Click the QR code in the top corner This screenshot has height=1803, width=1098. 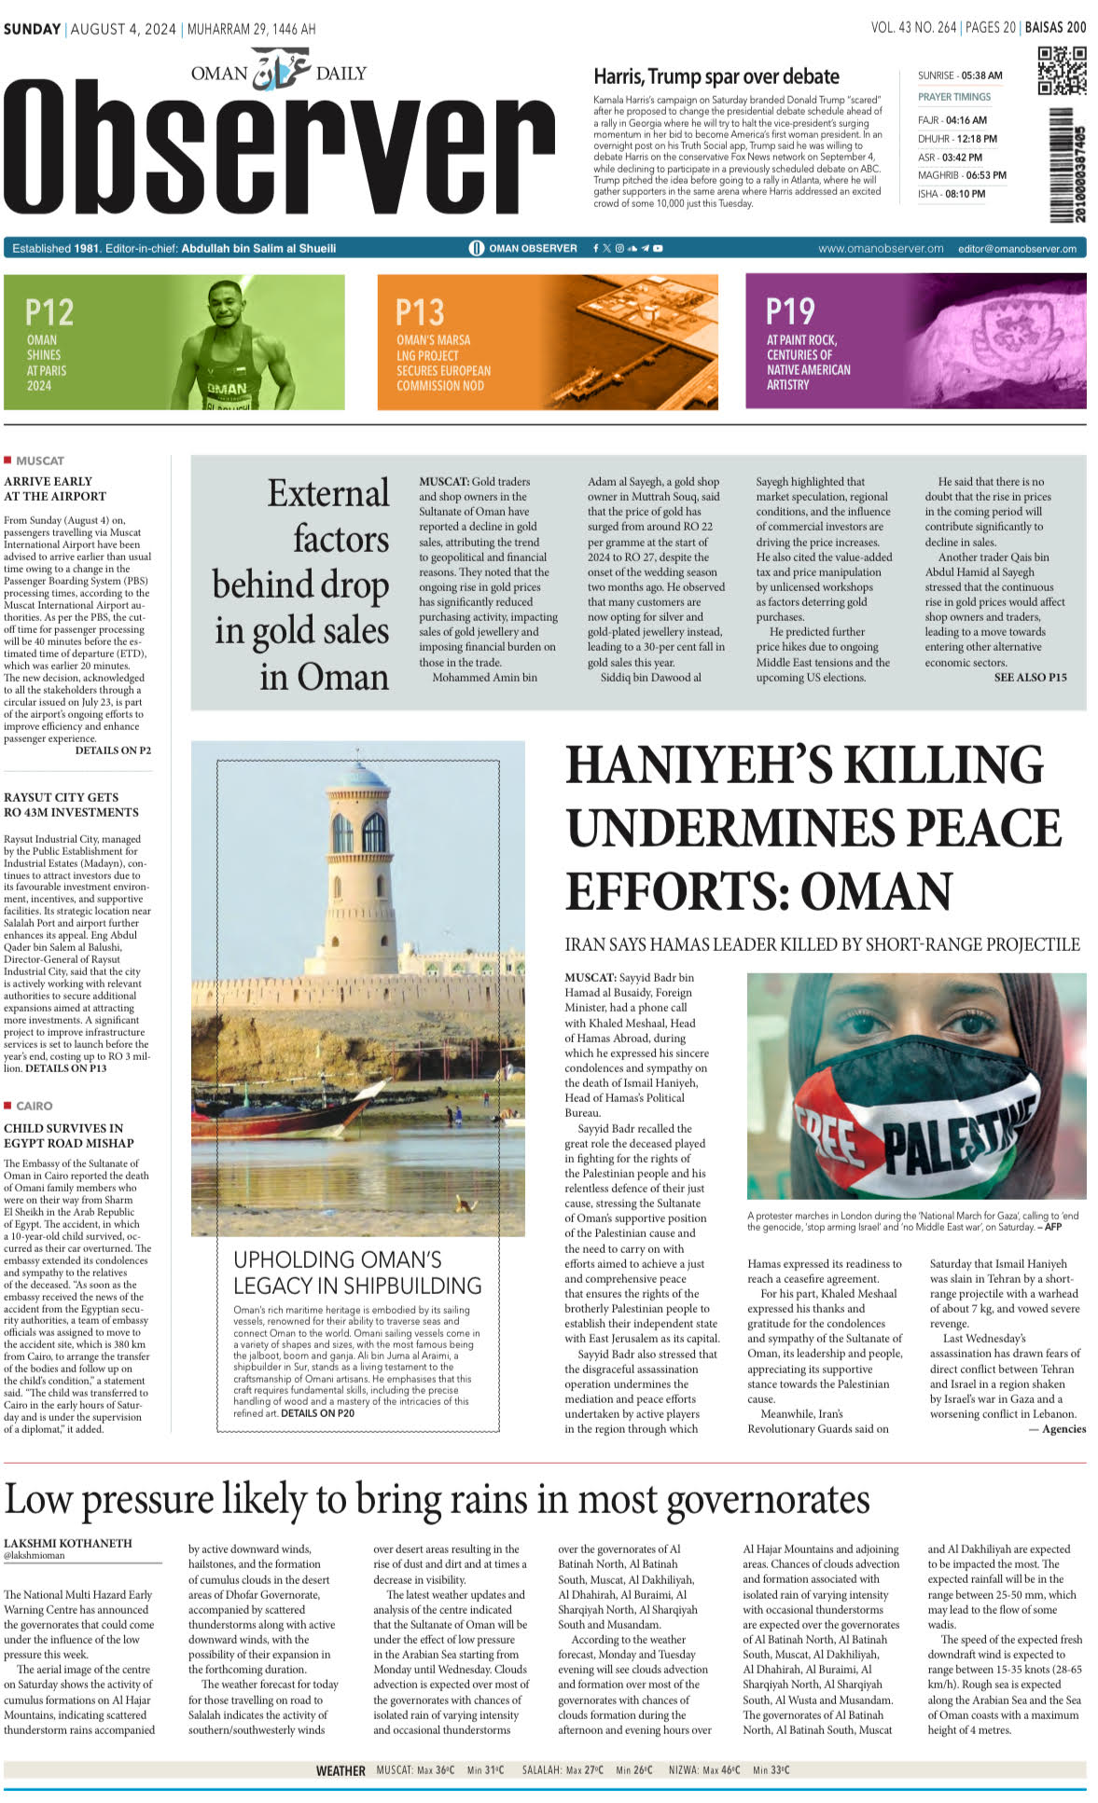coord(1062,71)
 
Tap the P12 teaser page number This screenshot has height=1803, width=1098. coord(49,311)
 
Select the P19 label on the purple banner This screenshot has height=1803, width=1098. coord(790,310)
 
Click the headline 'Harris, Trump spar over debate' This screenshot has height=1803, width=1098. coord(716,76)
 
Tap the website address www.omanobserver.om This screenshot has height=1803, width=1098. coord(881,249)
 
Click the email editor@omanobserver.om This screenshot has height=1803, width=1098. coord(1017,249)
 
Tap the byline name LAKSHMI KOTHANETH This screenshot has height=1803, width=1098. coord(68,1543)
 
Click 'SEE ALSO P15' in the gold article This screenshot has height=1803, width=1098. coord(1030,678)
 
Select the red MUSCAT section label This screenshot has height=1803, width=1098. coord(39,461)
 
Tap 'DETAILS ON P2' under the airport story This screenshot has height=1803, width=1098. coord(113,750)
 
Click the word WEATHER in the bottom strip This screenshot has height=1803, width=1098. coord(341,1770)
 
